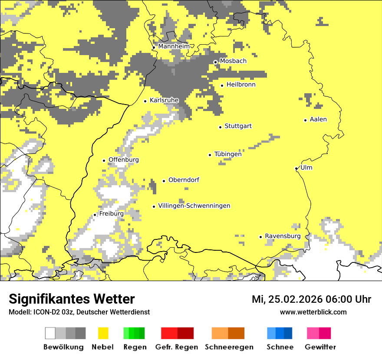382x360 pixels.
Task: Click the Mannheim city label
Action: click(174, 46)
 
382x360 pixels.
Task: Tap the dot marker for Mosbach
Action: click(215, 62)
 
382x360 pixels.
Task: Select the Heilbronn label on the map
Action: click(241, 85)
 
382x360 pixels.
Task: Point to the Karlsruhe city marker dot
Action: click(145, 101)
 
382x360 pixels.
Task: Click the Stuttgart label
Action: click(238, 126)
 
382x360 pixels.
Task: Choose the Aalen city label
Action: click(318, 119)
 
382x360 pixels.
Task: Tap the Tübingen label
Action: click(228, 154)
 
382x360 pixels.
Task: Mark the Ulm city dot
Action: click(296, 168)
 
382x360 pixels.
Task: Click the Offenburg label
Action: click(124, 160)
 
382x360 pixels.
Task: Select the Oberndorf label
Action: click(184, 180)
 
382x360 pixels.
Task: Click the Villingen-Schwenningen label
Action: click(194, 206)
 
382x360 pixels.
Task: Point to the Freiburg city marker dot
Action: click(95, 215)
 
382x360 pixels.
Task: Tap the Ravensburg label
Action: click(283, 236)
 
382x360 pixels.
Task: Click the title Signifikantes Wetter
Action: click(72, 299)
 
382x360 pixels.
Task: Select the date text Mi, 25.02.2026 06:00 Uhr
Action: click(311, 299)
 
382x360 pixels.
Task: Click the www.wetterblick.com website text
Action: click(313, 312)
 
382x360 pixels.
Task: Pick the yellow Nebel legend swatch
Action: click(103, 333)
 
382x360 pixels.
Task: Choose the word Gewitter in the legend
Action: click(320, 347)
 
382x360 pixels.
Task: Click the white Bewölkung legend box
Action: click(50, 333)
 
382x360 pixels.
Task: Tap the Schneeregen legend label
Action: click(229, 347)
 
